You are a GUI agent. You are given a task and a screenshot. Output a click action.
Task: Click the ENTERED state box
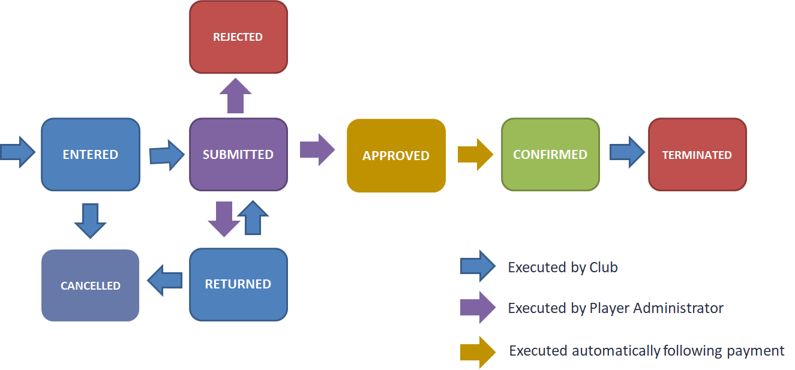[90, 154]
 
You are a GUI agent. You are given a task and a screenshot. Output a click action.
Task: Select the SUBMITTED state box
[238, 154]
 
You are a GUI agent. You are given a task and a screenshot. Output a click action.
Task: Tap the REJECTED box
[238, 37]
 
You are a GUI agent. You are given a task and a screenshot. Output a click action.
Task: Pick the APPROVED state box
[396, 155]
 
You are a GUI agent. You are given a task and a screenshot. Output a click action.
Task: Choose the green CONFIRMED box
[550, 154]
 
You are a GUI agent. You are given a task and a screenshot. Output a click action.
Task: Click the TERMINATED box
[697, 154]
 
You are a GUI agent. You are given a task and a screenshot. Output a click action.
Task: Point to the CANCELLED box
[90, 285]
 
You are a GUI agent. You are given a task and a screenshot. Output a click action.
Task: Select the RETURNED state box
[238, 284]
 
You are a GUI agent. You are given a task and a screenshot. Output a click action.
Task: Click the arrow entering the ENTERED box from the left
[17, 152]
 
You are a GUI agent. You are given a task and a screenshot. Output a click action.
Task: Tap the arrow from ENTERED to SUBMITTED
[167, 155]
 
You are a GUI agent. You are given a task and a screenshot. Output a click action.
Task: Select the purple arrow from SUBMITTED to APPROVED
[317, 149]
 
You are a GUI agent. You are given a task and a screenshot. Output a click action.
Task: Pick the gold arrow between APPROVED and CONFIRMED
[475, 154]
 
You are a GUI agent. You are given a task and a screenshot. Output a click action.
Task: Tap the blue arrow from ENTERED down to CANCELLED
[90, 220]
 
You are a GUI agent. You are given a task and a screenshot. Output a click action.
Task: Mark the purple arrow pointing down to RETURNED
[224, 218]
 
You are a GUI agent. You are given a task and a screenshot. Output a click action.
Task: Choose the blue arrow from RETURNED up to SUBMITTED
[253, 217]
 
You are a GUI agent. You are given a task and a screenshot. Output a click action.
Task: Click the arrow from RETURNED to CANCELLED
[164, 280]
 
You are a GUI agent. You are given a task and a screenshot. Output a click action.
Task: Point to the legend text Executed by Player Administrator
[616, 308]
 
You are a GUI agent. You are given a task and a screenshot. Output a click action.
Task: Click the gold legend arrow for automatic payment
[478, 352]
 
